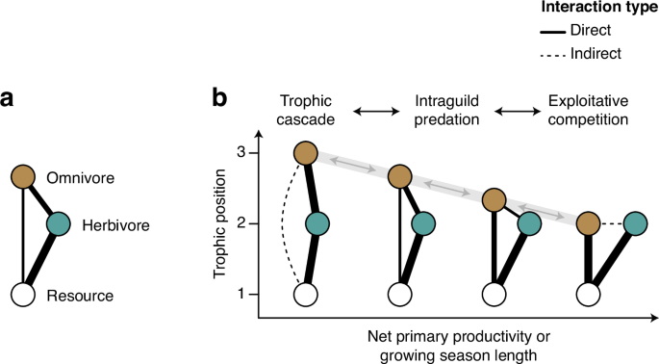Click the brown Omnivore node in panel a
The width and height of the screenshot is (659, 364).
click(x=24, y=176)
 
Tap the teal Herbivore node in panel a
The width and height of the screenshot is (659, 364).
click(x=58, y=223)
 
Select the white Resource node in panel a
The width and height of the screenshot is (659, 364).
click(x=24, y=294)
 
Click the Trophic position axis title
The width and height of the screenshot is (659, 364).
click(x=225, y=223)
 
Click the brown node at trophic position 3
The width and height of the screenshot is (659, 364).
click(x=306, y=153)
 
